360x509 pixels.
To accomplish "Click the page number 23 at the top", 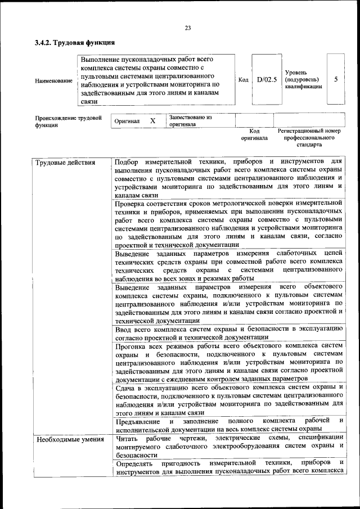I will [188, 29].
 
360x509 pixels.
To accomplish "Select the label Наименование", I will [53, 80].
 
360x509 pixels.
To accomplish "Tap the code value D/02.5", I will [267, 80].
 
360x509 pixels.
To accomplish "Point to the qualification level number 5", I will [336, 79].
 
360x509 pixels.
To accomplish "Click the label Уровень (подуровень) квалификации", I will [303, 80].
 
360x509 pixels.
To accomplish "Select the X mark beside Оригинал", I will [152, 121].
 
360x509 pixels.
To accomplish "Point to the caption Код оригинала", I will [254, 134].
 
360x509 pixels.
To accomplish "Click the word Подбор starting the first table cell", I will [125, 162].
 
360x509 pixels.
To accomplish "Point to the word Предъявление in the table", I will [138, 421].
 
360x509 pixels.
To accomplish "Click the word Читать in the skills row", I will [127, 438].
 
